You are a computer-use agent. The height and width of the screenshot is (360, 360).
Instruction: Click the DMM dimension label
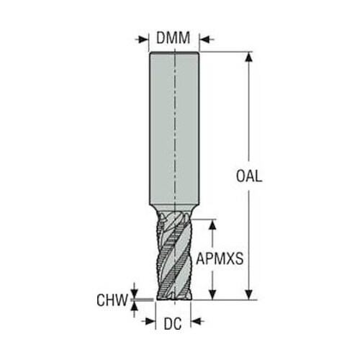click(173, 38)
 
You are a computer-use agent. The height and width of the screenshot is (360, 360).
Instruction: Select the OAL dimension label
click(249, 176)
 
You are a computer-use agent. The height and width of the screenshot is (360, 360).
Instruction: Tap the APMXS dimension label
click(220, 258)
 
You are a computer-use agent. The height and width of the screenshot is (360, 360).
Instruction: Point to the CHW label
click(112, 300)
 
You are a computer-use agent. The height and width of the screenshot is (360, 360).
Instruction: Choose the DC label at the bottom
click(173, 324)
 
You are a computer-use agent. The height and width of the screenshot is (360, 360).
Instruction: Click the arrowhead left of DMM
click(143, 40)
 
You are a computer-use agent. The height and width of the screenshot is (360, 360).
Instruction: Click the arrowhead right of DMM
click(205, 40)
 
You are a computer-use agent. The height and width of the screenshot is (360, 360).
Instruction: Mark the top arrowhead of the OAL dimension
click(249, 57)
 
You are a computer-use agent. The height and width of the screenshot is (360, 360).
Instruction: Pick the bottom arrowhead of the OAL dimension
click(249, 294)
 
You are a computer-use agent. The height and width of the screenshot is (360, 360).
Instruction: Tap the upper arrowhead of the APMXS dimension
click(212, 225)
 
